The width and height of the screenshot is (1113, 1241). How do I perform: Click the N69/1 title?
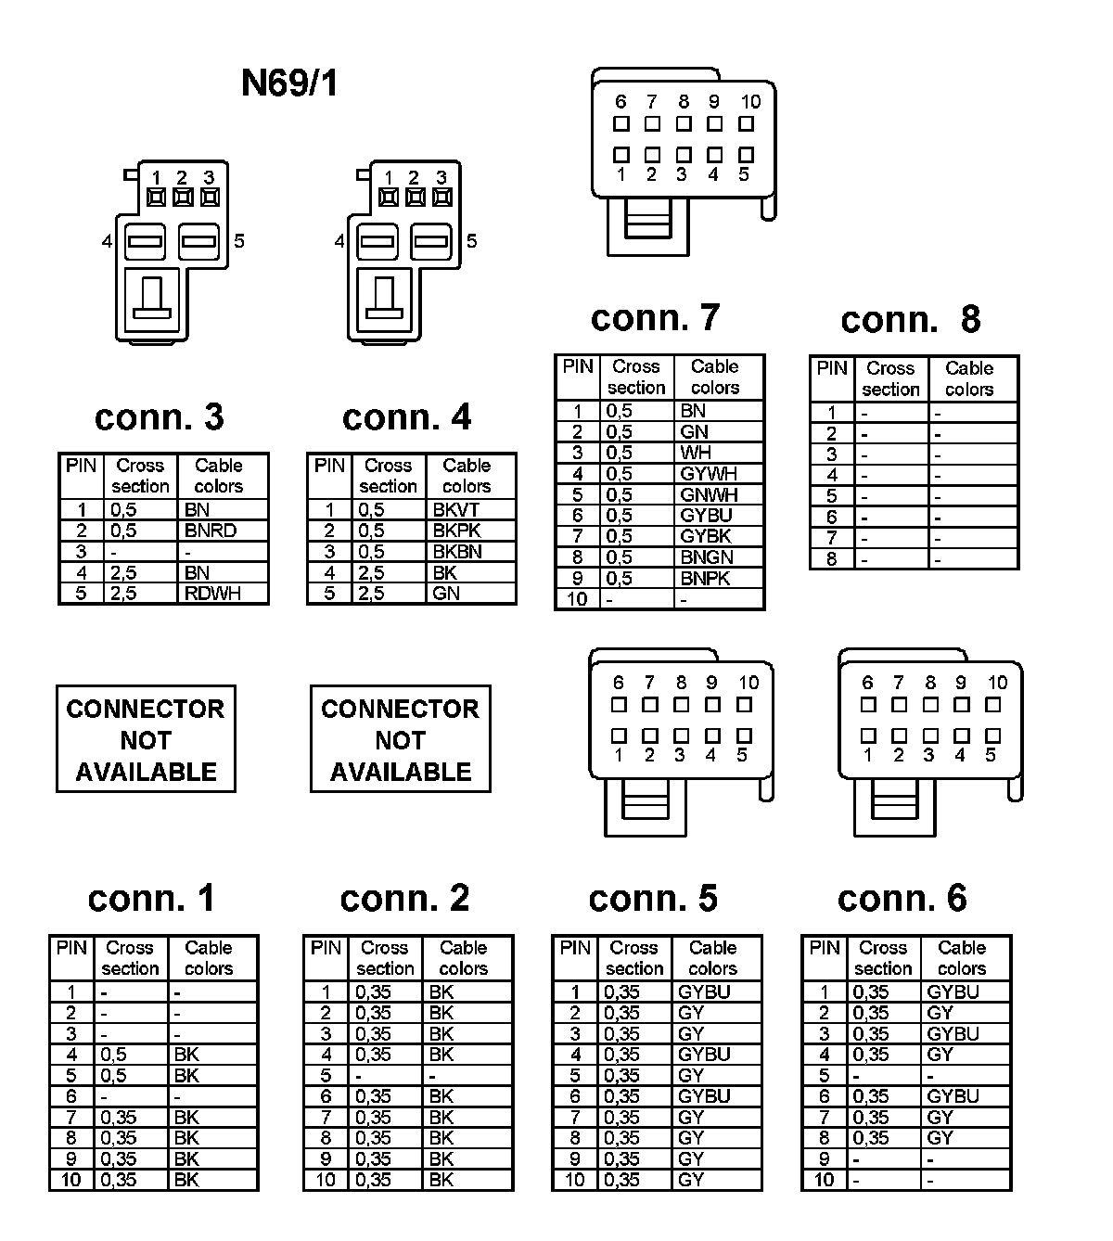[289, 83]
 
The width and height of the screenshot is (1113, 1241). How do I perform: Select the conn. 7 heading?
[655, 318]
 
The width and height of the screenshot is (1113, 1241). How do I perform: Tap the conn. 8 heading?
[910, 319]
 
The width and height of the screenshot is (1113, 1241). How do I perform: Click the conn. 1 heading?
[151, 898]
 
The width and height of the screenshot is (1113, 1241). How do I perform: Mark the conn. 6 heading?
[902, 898]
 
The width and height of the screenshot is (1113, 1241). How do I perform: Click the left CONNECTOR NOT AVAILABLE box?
[146, 739]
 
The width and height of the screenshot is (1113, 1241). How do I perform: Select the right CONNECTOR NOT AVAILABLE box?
[400, 739]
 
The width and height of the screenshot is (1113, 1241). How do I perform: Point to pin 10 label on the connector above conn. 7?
[750, 102]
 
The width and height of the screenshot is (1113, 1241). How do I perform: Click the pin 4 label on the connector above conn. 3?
[108, 242]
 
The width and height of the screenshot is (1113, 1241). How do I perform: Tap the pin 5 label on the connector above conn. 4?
[471, 241]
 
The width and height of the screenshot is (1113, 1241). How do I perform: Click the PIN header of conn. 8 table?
[832, 368]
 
